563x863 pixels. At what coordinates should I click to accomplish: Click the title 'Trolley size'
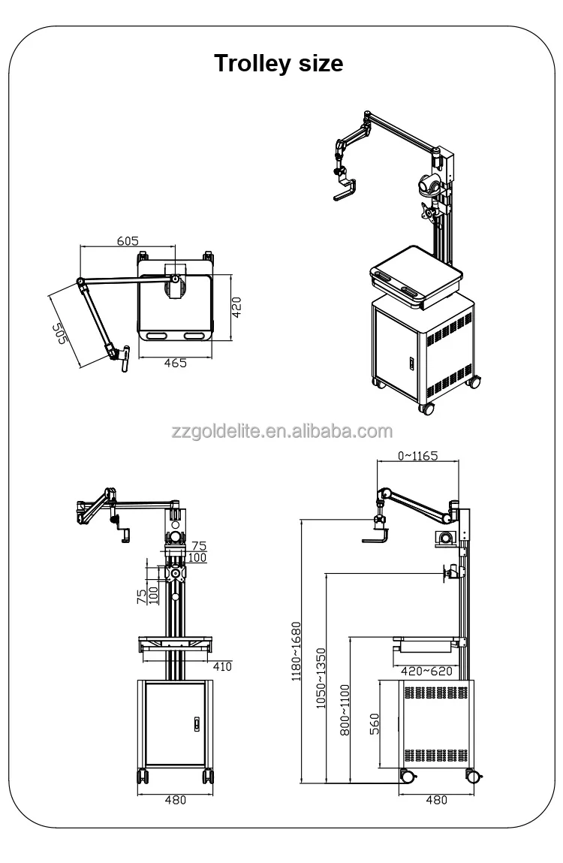[278, 63]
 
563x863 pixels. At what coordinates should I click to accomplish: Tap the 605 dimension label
[128, 240]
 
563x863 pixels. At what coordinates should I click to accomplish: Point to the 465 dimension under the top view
[174, 363]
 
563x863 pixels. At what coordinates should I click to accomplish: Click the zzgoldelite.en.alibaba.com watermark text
[281, 431]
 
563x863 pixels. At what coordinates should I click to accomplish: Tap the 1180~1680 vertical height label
[295, 650]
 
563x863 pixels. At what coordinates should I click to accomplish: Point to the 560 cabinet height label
[375, 723]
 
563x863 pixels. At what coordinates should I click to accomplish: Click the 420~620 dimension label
[426, 671]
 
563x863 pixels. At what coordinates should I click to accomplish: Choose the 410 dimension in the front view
[221, 665]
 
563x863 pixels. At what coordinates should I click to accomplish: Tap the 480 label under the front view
[174, 800]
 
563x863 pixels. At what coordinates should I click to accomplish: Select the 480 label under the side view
[436, 800]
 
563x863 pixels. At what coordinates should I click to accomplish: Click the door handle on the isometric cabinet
[411, 362]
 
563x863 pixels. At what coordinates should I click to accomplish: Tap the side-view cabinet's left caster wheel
[407, 777]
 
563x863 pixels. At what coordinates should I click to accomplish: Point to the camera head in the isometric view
[427, 184]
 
